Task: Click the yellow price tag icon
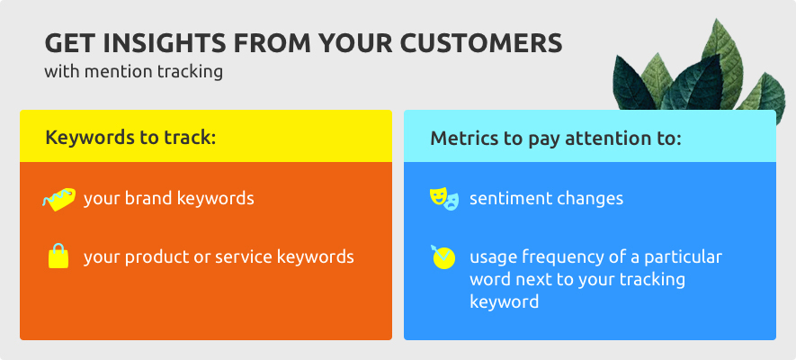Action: tap(58, 199)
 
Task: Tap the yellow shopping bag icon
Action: tap(58, 256)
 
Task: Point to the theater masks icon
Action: tap(443, 199)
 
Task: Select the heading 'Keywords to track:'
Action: tap(131, 138)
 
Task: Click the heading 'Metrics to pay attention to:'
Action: tap(556, 139)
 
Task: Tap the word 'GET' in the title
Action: tap(70, 44)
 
